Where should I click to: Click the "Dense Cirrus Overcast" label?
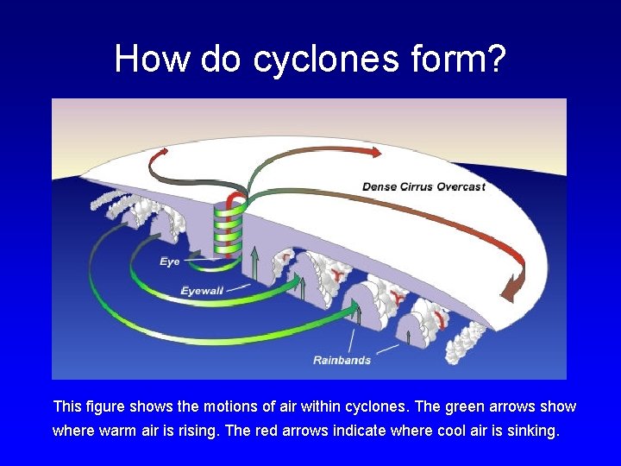(x=423, y=186)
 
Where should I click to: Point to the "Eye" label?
(x=170, y=261)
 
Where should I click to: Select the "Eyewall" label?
(x=202, y=291)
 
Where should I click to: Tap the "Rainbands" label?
(x=342, y=359)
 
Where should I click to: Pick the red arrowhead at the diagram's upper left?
(x=160, y=154)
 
